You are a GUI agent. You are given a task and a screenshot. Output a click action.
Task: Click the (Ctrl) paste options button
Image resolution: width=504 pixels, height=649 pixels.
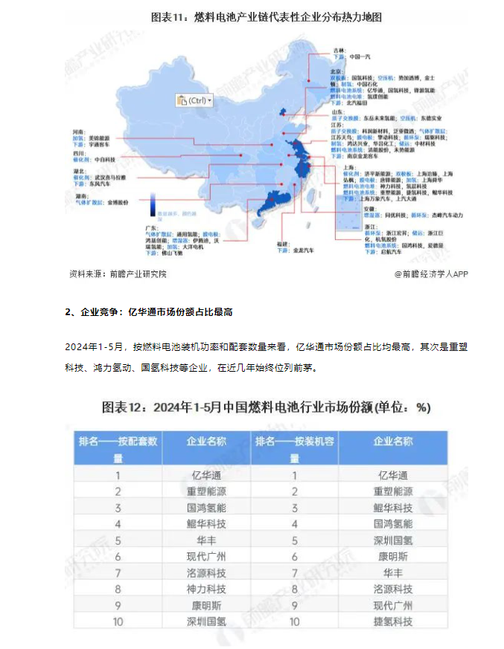[194, 100]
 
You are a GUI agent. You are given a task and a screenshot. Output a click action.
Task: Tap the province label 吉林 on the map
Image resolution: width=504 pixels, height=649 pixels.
[339, 49]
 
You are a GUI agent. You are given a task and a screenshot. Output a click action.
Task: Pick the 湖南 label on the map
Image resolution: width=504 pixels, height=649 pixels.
[77, 195]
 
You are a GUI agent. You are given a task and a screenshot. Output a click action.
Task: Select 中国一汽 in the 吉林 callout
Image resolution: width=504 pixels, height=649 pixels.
[360, 56]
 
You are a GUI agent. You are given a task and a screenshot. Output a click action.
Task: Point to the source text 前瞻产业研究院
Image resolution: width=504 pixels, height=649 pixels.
[137, 274]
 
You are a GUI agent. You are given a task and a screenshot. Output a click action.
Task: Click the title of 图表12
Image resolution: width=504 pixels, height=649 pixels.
[265, 407]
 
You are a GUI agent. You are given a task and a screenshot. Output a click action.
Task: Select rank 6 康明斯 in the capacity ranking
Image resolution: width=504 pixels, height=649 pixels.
[392, 555]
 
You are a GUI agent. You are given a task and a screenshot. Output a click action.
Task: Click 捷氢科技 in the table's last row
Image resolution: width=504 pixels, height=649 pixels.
[392, 620]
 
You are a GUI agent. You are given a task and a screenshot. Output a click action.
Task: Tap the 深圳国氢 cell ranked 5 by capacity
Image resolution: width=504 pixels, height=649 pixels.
[392, 539]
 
